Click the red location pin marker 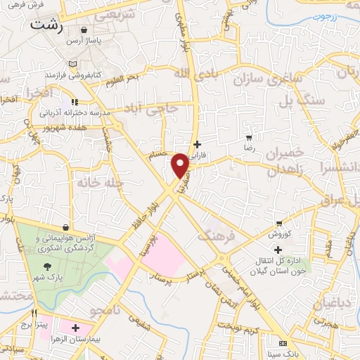click(x=180, y=165)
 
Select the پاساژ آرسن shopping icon click(x=85, y=30)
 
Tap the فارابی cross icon click(x=197, y=144)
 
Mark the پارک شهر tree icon click(x=47, y=266)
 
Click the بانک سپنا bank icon click(x=283, y=343)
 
